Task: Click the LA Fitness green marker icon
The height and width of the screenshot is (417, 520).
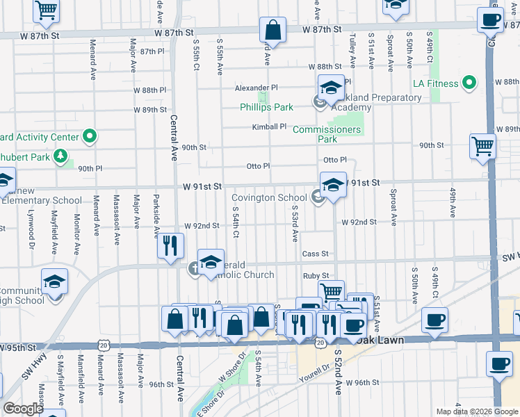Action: coord(469,84)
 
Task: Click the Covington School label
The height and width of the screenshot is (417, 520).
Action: coord(268,198)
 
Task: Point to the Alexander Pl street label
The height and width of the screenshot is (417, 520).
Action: coord(256,88)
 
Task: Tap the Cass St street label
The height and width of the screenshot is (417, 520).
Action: coord(315,254)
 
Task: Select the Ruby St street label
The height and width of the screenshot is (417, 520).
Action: coord(315,276)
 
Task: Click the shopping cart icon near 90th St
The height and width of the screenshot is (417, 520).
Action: coord(482,146)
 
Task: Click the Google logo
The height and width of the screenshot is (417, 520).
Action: coord(23,409)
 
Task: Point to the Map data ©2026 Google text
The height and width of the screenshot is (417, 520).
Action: coord(476,411)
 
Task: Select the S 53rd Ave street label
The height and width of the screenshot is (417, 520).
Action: coord(295,223)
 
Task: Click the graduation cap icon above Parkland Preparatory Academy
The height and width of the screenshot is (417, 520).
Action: coord(332,88)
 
